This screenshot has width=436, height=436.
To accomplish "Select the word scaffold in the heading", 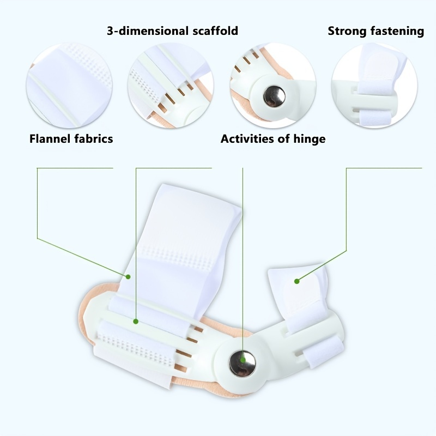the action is click(x=215, y=31).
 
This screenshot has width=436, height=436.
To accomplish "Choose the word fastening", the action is click(x=396, y=31).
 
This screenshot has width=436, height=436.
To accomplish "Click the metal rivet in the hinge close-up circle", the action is click(x=274, y=96).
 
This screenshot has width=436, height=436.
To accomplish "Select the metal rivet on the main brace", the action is click(x=242, y=364).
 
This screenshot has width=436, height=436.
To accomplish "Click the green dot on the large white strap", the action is click(x=128, y=277).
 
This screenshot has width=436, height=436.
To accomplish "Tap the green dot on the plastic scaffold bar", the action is click(x=136, y=322).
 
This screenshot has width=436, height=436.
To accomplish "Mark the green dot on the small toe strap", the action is click(x=296, y=281).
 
